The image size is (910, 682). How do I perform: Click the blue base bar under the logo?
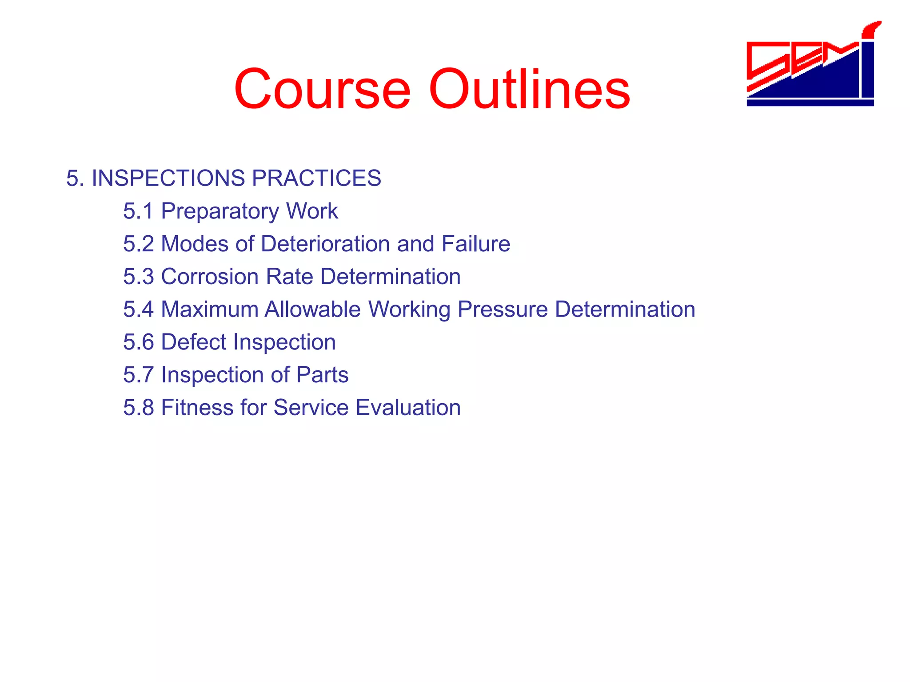tap(810, 103)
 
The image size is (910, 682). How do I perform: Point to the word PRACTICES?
tap(316, 178)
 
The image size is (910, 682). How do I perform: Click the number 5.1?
tap(138, 211)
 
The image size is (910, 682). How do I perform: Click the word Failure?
tap(475, 244)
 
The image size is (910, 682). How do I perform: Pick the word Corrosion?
tap(210, 277)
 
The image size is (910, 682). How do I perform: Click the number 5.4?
tap(138, 309)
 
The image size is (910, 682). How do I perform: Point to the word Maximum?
tap(209, 309)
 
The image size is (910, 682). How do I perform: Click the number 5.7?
tap(138, 375)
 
